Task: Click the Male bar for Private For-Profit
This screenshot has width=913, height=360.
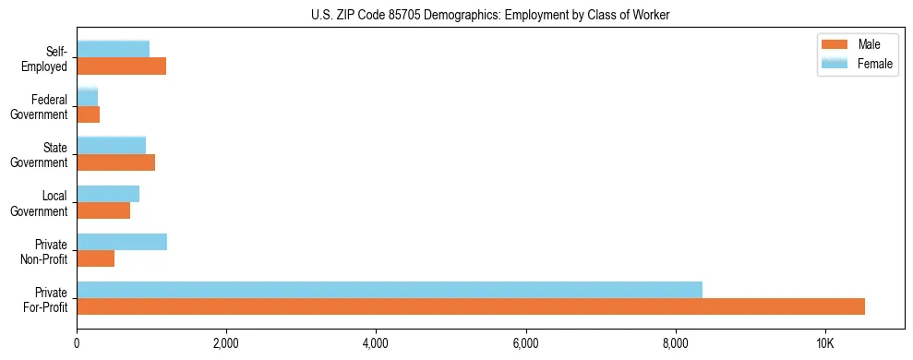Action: point(471,306)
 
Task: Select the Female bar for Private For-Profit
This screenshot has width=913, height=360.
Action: point(390,290)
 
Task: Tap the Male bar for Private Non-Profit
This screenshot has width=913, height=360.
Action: point(96,258)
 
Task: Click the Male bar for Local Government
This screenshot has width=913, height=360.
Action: point(103,210)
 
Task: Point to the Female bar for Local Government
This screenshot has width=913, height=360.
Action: point(108,194)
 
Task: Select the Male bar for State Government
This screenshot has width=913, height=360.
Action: point(116,162)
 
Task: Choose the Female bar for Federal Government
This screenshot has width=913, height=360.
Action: point(88,98)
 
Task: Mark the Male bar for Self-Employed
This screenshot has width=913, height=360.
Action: point(122,66)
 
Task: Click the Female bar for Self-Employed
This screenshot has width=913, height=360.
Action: point(114,50)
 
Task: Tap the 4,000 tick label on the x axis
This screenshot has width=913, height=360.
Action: point(376,343)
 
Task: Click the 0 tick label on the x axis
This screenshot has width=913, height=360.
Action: point(77,343)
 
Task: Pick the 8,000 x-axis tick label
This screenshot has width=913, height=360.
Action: point(676,343)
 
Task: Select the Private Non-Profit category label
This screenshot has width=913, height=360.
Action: point(47,251)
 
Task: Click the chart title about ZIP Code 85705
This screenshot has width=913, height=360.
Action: point(490,14)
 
